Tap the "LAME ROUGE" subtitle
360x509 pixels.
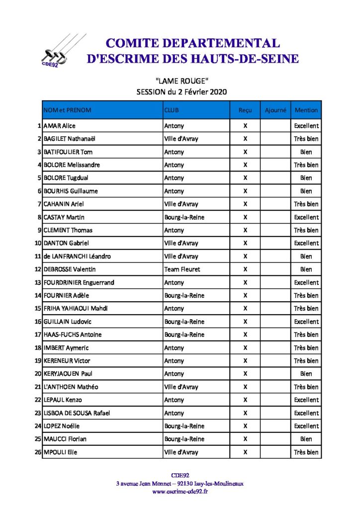[x=181, y=81]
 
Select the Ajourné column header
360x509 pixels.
[x=275, y=110]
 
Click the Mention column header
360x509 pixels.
[x=306, y=110]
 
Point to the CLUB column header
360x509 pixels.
[x=172, y=110]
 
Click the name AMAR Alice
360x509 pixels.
[x=60, y=126]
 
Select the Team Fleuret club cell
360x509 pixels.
[x=182, y=269]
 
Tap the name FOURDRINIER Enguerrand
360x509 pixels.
[x=79, y=282]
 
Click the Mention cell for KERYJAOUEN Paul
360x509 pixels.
[x=306, y=374]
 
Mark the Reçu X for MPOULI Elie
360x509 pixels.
[x=245, y=452]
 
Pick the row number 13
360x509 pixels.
[x=38, y=282]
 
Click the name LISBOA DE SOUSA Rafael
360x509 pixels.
[x=77, y=413]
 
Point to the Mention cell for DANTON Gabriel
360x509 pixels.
[x=306, y=243]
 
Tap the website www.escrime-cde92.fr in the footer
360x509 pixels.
[x=180, y=492]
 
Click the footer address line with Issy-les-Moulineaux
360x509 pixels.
[x=180, y=483]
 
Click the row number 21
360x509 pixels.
[x=38, y=387]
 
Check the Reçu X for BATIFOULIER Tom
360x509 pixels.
[x=245, y=152]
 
